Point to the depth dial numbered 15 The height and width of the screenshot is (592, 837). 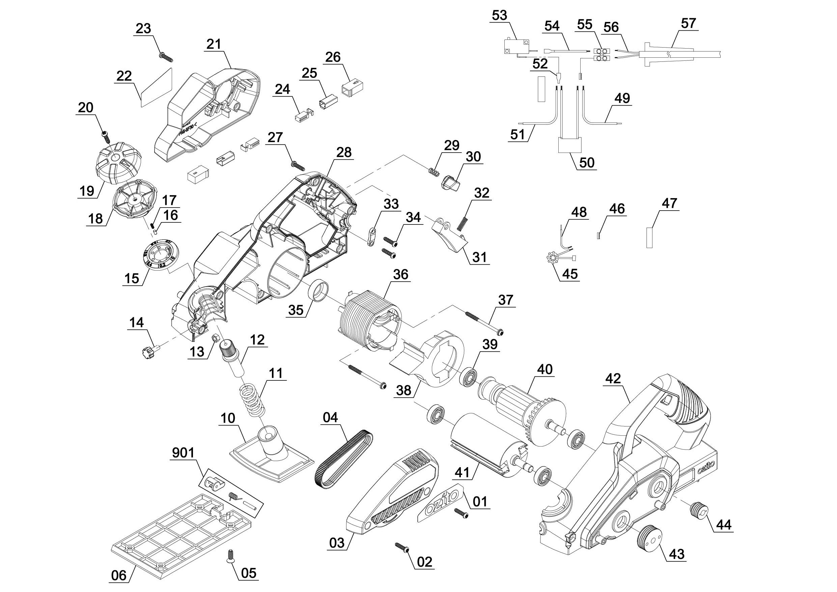pos(160,254)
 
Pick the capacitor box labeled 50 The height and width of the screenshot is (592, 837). pos(569,145)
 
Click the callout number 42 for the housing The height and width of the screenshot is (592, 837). pos(613,378)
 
